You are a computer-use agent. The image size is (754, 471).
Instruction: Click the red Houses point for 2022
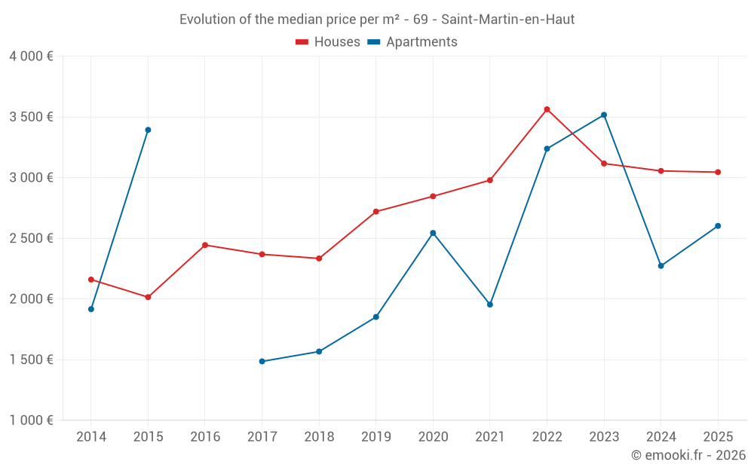point(547,109)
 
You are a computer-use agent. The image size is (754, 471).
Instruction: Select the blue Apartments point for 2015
point(148,130)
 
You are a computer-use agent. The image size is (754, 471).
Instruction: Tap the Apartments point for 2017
point(262,362)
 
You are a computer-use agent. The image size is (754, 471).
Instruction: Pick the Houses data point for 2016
point(205,245)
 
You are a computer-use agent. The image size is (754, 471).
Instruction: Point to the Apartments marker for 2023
point(604,115)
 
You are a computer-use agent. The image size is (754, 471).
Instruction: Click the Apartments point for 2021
point(490,304)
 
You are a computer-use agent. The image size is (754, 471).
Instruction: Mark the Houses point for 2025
point(718,173)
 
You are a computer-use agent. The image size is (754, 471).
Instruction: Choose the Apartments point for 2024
point(661,266)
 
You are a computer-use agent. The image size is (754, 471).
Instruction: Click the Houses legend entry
point(328,42)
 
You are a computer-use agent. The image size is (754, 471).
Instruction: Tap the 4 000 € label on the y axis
point(31,57)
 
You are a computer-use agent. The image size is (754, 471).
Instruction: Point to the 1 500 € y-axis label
point(31,359)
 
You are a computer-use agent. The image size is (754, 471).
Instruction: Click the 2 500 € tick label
point(31,238)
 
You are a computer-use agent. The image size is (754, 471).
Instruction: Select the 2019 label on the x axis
point(376,437)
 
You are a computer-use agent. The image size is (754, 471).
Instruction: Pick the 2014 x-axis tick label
point(91,437)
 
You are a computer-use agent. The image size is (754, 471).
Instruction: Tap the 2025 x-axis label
point(718,437)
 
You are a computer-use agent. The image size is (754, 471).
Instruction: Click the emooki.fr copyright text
point(688,455)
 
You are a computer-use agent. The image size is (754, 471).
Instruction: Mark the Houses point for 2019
point(376,212)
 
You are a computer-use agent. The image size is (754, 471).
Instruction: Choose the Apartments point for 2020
point(433,233)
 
